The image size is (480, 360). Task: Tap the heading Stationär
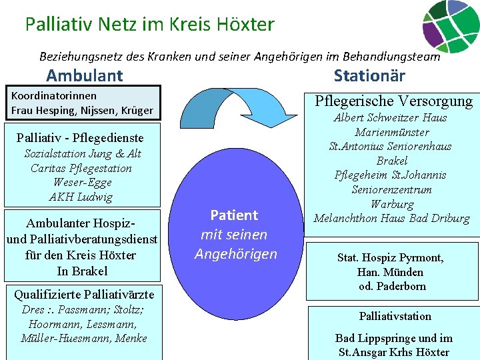click(369, 75)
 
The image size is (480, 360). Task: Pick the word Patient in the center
click(234, 215)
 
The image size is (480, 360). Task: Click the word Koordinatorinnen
click(54, 95)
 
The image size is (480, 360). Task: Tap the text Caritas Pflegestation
click(81, 168)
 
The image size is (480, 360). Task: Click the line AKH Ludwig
click(81, 197)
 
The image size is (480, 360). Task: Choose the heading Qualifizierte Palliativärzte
click(84, 294)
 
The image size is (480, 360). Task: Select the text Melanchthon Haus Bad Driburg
click(391, 219)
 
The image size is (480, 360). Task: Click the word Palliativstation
click(395, 316)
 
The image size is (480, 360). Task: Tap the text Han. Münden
click(391, 272)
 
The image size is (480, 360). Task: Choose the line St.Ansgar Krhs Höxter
click(394, 352)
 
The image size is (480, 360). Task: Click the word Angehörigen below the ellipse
click(235, 254)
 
